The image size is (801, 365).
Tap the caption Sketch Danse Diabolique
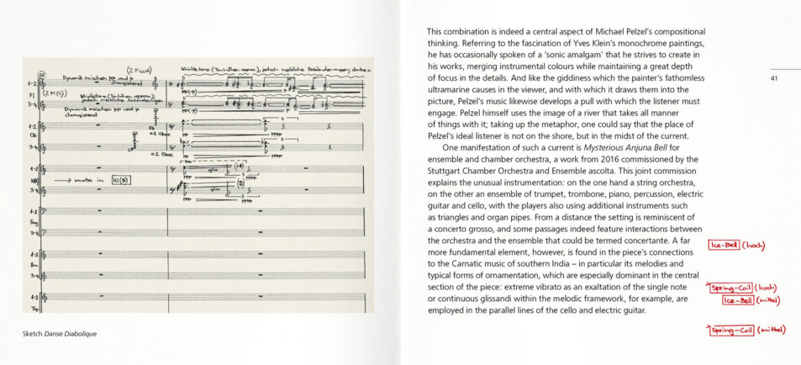pyautogui.click(x=60, y=334)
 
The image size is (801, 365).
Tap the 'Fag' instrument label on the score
pyautogui.click(x=31, y=222)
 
